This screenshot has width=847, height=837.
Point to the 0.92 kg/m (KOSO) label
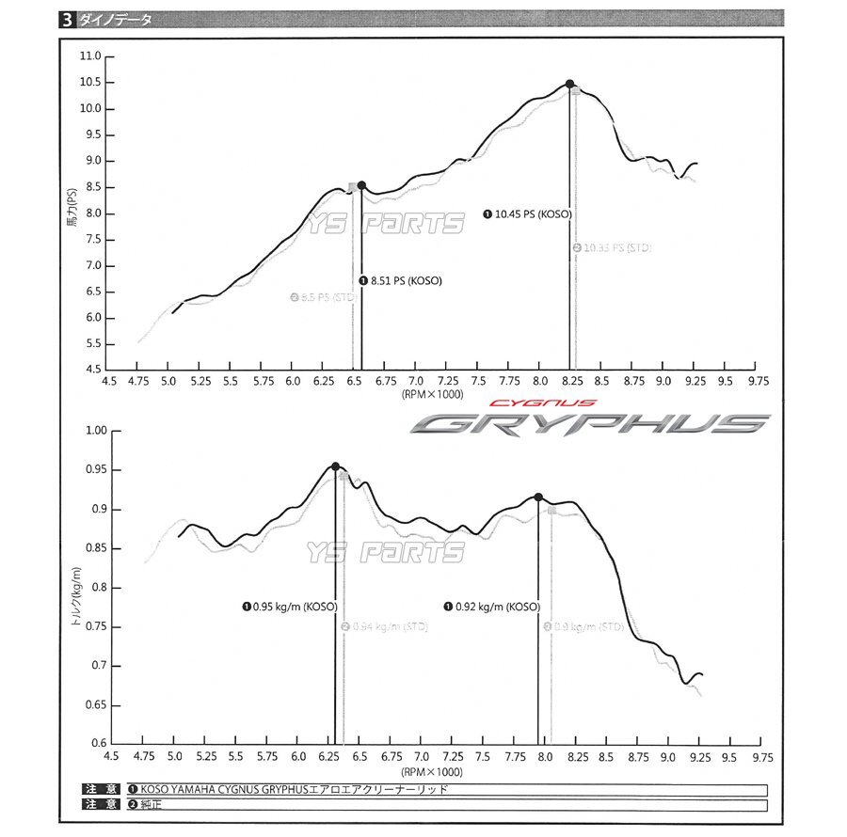tap(492, 607)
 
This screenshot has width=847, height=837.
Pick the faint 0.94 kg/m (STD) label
tap(384, 627)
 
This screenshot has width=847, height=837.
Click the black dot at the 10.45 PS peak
tap(569, 84)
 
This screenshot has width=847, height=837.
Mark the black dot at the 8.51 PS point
tap(361, 185)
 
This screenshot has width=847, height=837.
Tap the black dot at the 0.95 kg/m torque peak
tap(335, 466)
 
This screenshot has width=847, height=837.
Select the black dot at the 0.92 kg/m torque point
tap(538, 497)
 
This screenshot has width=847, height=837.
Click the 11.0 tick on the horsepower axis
tap(91, 56)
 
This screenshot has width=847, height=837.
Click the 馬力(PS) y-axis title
tap(72, 213)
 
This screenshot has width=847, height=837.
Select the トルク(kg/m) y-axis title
tap(75, 588)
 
